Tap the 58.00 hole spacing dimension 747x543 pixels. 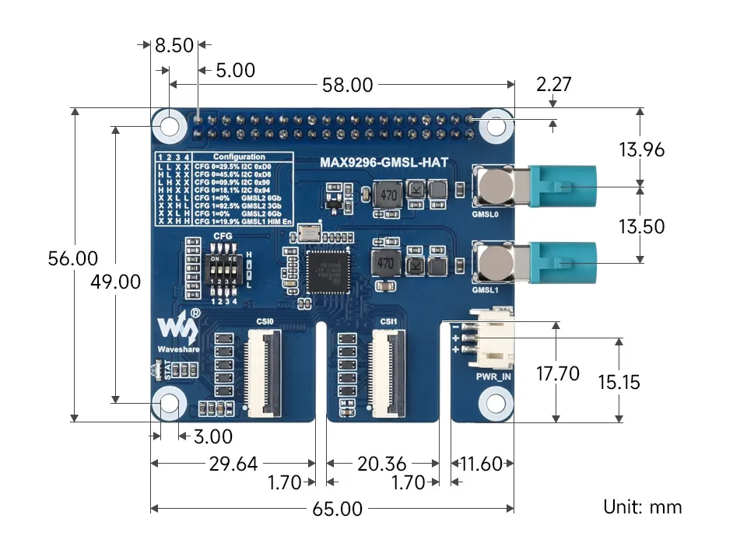coord(349,85)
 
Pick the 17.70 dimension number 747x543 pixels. coord(558,373)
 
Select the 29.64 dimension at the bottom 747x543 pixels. coord(233,464)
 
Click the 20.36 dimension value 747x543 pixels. coord(381,464)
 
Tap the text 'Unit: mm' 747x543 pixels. coord(642,507)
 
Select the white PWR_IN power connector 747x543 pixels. coord(492,340)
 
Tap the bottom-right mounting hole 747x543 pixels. coord(493,403)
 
